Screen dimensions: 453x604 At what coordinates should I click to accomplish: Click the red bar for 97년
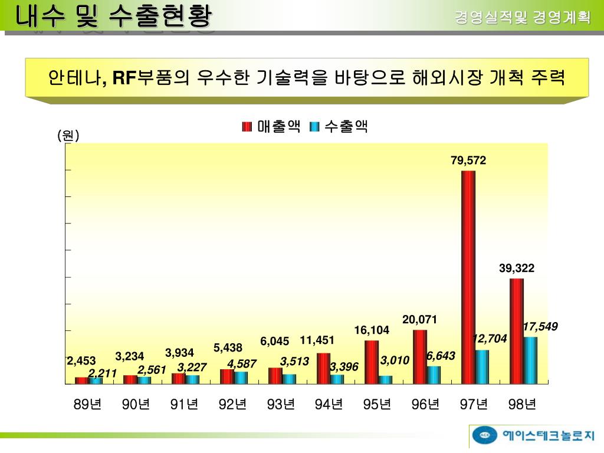pos(468,277)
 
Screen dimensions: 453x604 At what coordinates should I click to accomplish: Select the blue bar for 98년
pos(530,360)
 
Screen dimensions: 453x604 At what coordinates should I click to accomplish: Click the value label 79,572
pos(468,160)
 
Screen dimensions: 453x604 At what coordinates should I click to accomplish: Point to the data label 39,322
pos(517,268)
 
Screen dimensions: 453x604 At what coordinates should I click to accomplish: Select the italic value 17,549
pos(540,326)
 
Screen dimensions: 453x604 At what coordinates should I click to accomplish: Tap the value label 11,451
pos(317,340)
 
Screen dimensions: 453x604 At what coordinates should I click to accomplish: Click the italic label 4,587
pos(242,364)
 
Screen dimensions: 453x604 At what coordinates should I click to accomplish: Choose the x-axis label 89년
pos(88,405)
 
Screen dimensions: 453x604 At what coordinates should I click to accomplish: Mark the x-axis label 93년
pos(281,405)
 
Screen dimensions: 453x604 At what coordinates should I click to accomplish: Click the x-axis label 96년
pos(426,405)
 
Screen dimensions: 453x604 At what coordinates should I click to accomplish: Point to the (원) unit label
pos(68,136)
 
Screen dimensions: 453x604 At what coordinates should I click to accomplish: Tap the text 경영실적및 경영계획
pos(522,17)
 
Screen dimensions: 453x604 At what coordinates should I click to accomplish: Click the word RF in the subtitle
pos(124,77)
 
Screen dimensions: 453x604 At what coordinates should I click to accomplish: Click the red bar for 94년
pos(323,369)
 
